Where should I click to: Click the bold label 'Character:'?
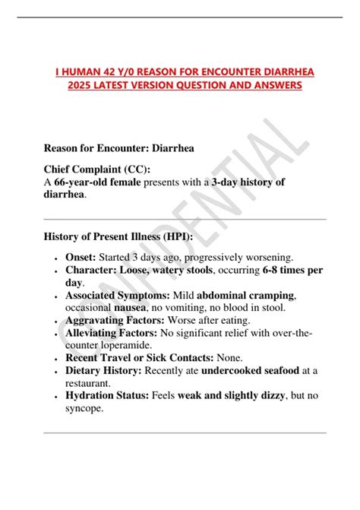[95, 270]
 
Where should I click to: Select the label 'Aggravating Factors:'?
[115, 320]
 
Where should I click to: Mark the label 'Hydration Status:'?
[107, 394]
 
